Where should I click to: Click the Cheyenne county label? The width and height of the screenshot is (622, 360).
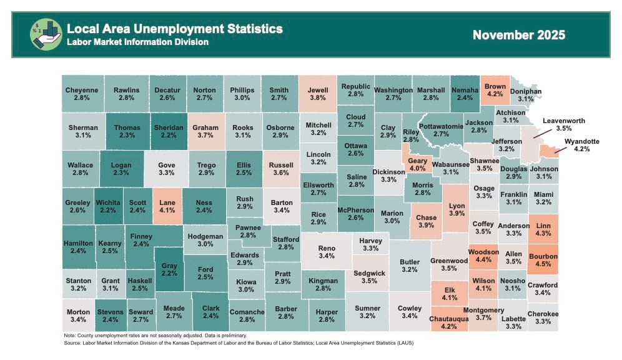[x=82, y=90]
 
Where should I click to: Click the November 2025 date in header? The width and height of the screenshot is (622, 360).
[x=518, y=35]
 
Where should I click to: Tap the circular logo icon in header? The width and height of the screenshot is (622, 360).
[x=46, y=34]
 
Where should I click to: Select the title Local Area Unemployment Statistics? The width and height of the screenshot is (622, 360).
[x=174, y=29]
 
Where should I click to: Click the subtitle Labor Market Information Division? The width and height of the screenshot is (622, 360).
[x=137, y=42]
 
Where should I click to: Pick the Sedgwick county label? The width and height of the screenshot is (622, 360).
[x=370, y=272]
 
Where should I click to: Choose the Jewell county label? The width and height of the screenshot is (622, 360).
[x=318, y=90]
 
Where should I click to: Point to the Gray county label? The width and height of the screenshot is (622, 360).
[x=169, y=266]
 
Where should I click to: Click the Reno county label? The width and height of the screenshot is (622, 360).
[x=327, y=248]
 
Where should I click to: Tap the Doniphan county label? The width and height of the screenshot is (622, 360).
[x=525, y=91]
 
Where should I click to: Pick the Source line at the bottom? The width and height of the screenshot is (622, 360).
[x=239, y=342]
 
